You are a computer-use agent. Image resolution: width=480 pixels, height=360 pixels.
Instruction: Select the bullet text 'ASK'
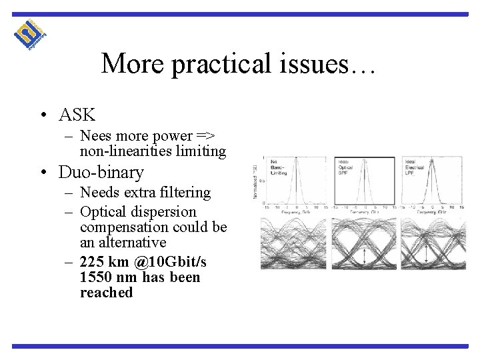tap(77, 115)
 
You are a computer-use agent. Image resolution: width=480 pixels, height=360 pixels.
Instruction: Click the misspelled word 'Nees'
tap(95, 136)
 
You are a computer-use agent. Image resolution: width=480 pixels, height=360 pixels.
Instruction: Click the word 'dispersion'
tap(164, 212)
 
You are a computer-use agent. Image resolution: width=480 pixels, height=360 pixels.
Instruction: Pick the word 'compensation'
tap(123, 227)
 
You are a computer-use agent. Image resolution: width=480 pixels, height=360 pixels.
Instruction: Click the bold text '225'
tap(93, 262)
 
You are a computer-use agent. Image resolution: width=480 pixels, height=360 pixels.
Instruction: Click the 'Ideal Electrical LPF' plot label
tap(415, 166)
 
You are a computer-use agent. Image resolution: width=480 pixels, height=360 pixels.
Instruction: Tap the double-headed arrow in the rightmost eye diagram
tap(427, 252)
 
